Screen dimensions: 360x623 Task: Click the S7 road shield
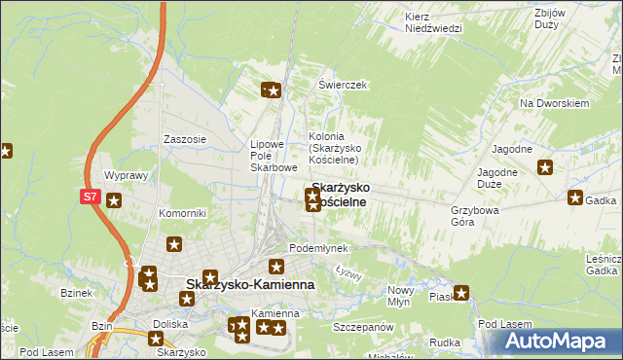[90, 196]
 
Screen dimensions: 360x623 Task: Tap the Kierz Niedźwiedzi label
[432, 22]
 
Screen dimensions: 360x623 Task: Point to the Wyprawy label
[125, 176]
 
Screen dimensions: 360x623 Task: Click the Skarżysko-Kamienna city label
[249, 284]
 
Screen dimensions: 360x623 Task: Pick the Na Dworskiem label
[555, 103]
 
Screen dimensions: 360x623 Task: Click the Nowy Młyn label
[401, 296]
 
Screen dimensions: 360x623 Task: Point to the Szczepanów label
[361, 329]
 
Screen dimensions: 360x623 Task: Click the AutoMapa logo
[558, 342]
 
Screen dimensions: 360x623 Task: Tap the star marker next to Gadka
[573, 199]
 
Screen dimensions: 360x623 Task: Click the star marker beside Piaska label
[460, 291]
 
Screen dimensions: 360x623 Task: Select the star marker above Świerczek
[272, 91]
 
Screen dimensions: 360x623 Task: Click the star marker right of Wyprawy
[114, 201]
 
